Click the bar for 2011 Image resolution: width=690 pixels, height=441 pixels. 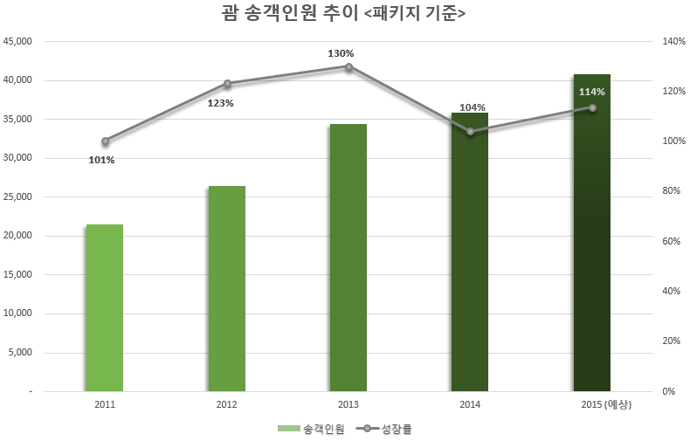point(104,307)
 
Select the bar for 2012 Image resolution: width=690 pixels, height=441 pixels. point(226,288)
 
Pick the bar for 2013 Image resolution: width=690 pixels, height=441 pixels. point(348,258)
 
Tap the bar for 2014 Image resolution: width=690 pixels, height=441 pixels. point(470,253)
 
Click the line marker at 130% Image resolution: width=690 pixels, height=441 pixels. point(348,66)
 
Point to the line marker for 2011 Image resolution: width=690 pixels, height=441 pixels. point(105,141)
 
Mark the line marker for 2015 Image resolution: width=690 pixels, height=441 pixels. point(592,107)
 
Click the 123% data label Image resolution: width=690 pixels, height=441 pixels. point(220,103)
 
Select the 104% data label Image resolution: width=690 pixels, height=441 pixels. point(472,107)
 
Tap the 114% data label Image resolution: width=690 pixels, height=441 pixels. point(591,92)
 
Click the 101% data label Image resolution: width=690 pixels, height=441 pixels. point(101,160)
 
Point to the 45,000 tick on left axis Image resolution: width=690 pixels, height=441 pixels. point(18,41)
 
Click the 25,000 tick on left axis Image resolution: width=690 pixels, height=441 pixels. point(18,196)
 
